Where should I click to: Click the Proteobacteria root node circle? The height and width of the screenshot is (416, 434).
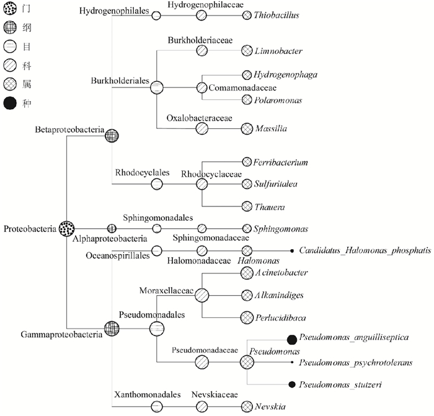tap(67, 229)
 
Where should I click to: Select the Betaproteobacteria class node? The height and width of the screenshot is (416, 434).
tap(112, 135)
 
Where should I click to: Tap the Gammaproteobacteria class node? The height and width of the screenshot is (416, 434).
tap(112, 327)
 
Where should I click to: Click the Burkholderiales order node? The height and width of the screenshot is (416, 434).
tap(157, 87)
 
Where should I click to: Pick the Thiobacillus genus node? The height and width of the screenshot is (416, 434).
tap(247, 15)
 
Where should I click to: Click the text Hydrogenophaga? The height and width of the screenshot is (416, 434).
tap(286, 74)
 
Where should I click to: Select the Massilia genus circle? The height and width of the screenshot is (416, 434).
tap(247, 129)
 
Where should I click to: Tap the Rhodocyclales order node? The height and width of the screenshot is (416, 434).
tap(157, 184)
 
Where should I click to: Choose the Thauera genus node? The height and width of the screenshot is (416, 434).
tap(247, 206)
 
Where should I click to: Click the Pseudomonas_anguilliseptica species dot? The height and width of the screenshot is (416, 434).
tap(291, 339)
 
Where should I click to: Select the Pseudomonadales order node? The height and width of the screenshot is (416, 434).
tap(157, 327)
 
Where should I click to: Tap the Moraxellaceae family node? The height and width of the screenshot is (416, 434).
tap(202, 295)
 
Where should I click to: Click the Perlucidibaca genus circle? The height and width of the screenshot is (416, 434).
tap(247, 317)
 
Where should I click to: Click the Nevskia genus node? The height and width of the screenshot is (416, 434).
tap(247, 406)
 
